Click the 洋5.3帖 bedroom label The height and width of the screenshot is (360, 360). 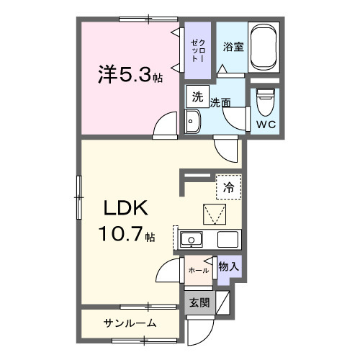pos(129,74)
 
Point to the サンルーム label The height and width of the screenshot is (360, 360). pos(130,323)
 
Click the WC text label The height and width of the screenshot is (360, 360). pos(265,123)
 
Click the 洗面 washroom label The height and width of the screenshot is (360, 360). pos(220,102)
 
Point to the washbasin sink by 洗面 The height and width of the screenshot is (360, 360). pos(193,122)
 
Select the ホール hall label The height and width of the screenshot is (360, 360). pos(198,270)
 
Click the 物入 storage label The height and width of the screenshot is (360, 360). pos(228,267)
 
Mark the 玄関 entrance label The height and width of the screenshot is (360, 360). pos(199,303)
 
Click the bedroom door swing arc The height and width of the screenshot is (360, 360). pos(164,123)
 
